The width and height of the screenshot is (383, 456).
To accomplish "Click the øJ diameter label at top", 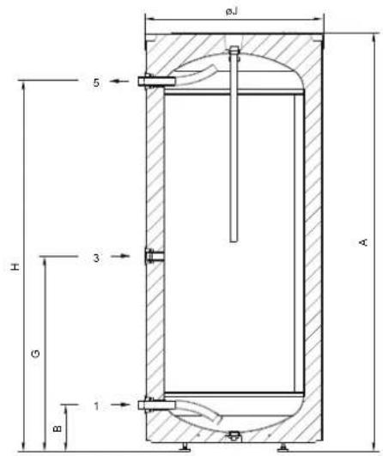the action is [232, 12].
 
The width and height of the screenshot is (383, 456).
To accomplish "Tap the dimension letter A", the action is [364, 242].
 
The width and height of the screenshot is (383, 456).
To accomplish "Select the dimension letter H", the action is [15, 267].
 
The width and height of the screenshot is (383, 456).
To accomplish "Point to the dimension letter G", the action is [35, 354].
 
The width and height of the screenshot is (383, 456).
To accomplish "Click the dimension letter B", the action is [58, 429].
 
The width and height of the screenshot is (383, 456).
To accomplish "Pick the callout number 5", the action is [96, 82].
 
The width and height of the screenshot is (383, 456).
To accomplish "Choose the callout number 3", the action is [96, 258].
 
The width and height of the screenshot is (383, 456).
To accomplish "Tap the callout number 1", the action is [96, 406].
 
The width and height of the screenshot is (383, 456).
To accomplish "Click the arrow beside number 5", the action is [119, 81].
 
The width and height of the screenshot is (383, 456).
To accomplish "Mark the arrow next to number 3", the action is [121, 256].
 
